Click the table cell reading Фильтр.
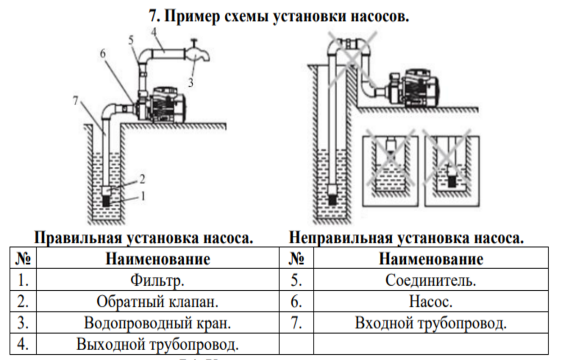point(158,280)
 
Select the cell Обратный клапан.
point(158,301)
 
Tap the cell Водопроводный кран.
point(158,323)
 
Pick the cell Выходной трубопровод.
point(158,345)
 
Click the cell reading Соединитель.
point(431,280)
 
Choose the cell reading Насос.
point(431,301)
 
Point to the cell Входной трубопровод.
point(431,323)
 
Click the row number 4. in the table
point(23,345)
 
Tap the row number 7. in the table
point(296,323)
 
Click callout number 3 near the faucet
point(191,82)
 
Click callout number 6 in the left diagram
point(102,53)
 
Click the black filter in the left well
point(107,201)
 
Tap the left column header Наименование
point(158,259)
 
